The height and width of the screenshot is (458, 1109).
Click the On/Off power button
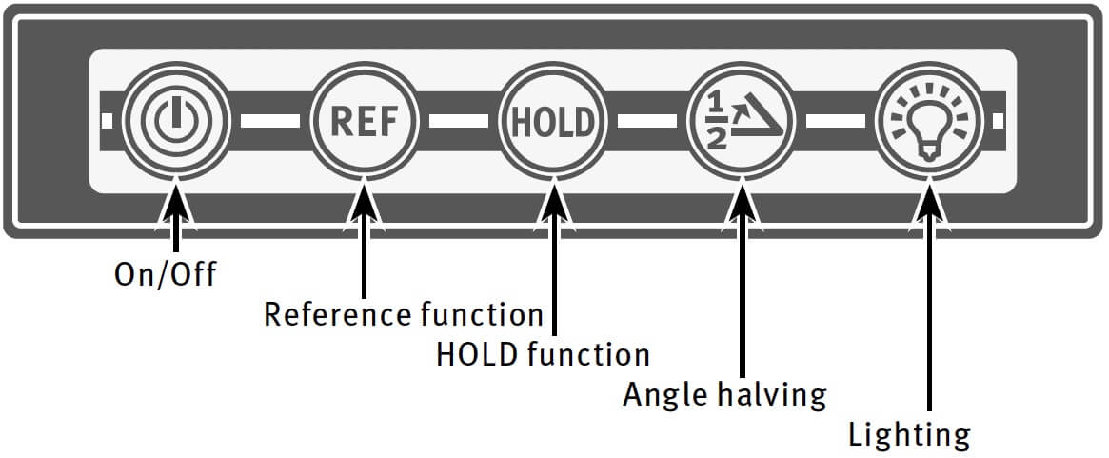tap(174, 121)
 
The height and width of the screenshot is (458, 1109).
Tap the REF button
tap(362, 122)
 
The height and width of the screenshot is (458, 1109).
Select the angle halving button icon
tap(740, 122)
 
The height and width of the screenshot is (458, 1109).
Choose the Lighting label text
tap(909, 435)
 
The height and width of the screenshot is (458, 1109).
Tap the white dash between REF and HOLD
tap(458, 121)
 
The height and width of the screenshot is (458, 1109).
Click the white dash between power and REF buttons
tap(269, 121)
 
